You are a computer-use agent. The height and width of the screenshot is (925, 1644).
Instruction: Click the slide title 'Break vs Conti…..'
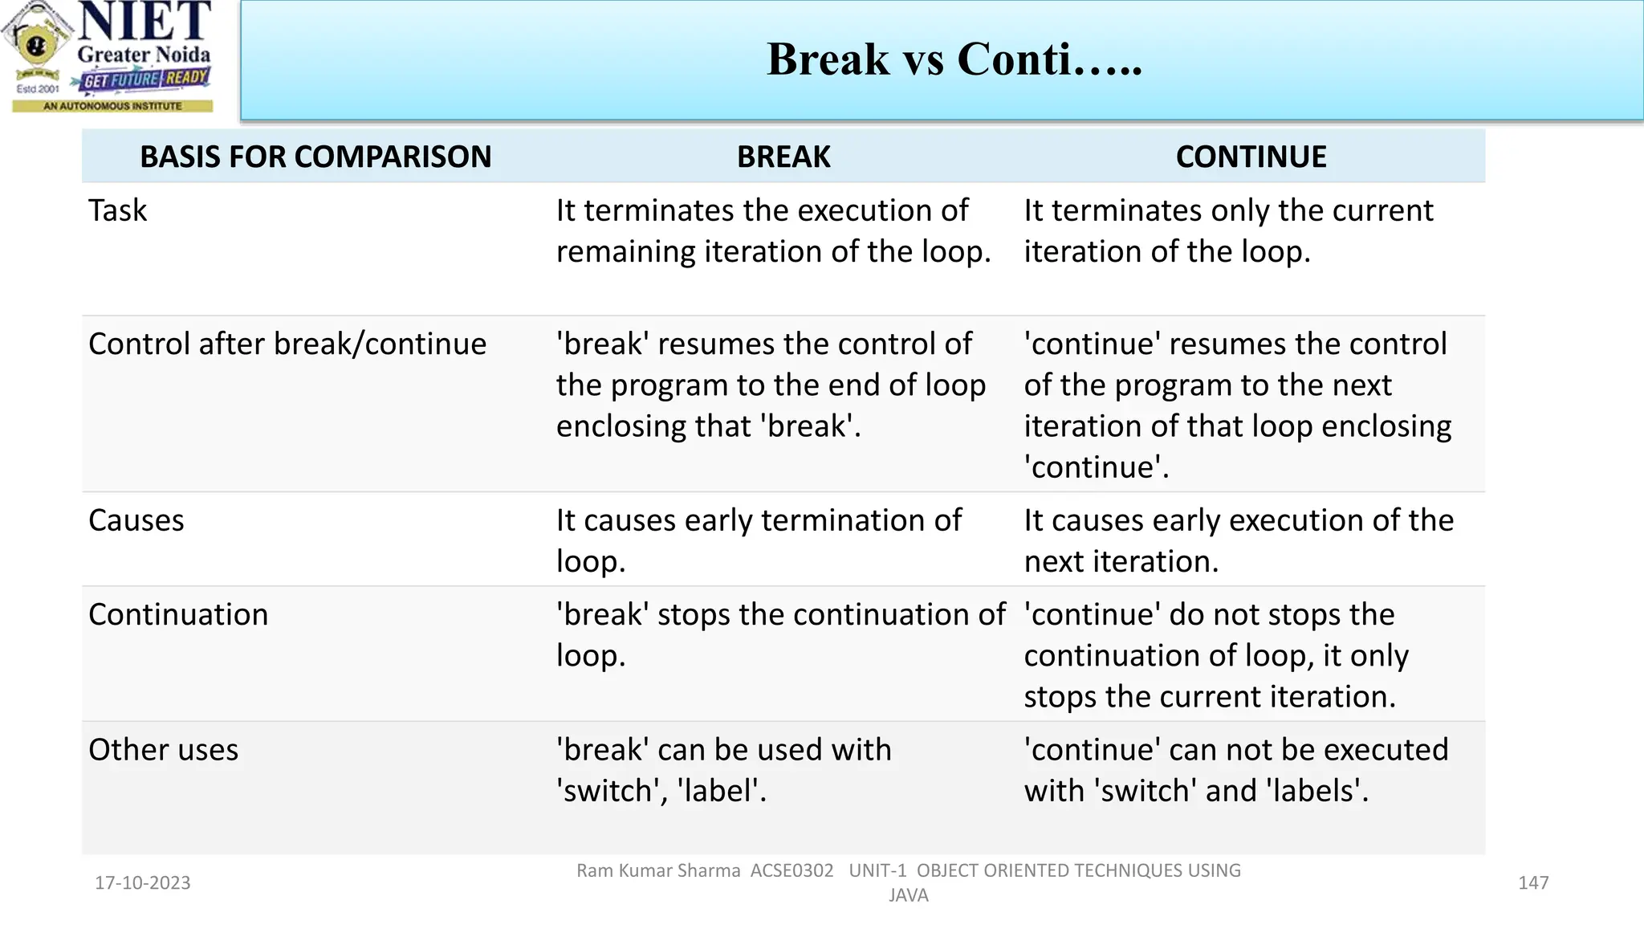pyautogui.click(x=954, y=59)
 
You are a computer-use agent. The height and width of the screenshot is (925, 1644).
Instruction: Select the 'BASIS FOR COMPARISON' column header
pyautogui.click(x=315, y=157)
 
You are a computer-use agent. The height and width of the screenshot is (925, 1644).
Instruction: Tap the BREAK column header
pyautogui.click(x=783, y=157)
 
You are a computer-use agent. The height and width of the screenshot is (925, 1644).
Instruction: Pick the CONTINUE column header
pyautogui.click(x=1251, y=157)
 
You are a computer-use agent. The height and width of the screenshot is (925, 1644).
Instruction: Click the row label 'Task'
pyautogui.click(x=118, y=210)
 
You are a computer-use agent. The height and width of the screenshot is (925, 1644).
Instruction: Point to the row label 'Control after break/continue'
pyautogui.click(x=287, y=344)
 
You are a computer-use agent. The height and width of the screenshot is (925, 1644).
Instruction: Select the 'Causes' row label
pyautogui.click(x=136, y=520)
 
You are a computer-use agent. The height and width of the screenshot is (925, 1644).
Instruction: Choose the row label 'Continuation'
pyautogui.click(x=178, y=614)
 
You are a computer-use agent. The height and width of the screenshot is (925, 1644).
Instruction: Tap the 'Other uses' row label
pyautogui.click(x=164, y=749)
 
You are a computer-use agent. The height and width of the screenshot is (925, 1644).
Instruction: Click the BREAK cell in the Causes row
pyautogui.click(x=759, y=540)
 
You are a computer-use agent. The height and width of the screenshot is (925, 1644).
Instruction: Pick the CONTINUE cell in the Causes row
pyautogui.click(x=1238, y=540)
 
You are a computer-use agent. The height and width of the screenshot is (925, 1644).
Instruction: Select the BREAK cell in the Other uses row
pyautogui.click(x=723, y=769)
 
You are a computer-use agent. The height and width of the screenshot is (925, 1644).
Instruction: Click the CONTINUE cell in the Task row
pyautogui.click(x=1227, y=231)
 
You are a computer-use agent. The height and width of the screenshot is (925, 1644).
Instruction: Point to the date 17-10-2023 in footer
pyautogui.click(x=143, y=882)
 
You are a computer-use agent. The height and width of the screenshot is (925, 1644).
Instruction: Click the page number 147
pyautogui.click(x=1532, y=882)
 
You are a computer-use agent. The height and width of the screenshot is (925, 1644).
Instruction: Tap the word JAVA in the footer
pyautogui.click(x=908, y=895)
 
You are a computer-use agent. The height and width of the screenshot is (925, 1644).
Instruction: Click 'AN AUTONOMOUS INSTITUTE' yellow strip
pyautogui.click(x=112, y=106)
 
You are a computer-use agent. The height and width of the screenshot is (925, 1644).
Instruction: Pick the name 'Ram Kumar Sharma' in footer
pyautogui.click(x=658, y=870)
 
